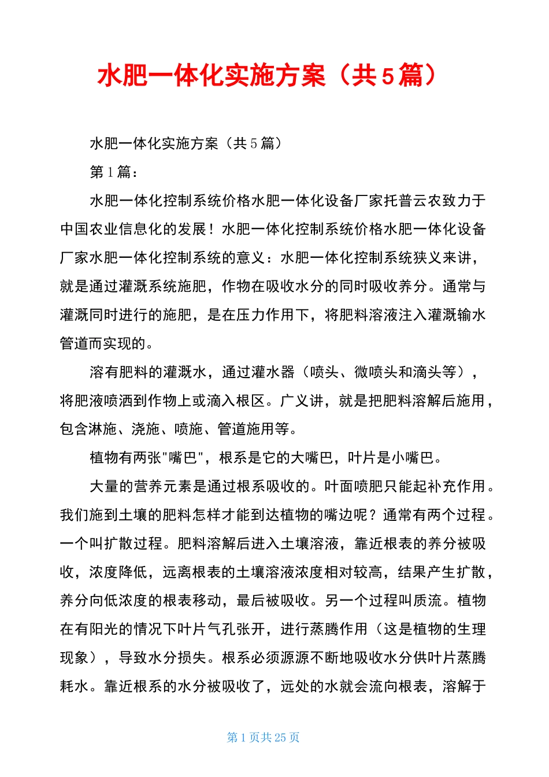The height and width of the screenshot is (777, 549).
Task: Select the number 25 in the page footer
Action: (280, 737)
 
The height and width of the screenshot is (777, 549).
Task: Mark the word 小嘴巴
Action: (413, 458)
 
